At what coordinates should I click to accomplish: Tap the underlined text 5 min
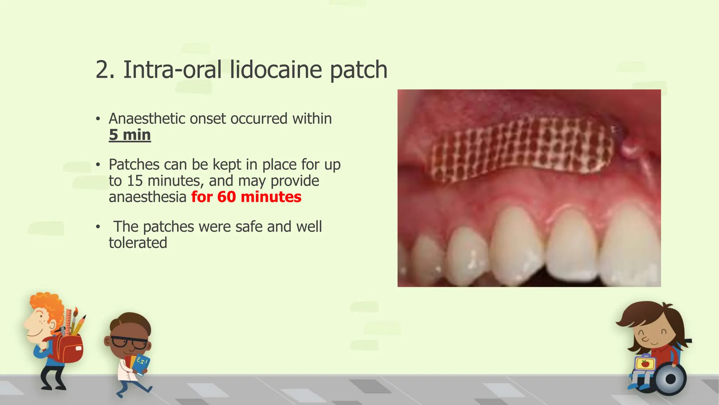point(130,135)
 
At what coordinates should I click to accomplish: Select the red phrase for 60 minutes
point(246,197)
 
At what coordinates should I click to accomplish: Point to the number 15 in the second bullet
point(135,181)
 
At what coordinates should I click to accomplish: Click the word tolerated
point(138,243)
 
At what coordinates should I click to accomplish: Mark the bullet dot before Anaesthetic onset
point(98,119)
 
